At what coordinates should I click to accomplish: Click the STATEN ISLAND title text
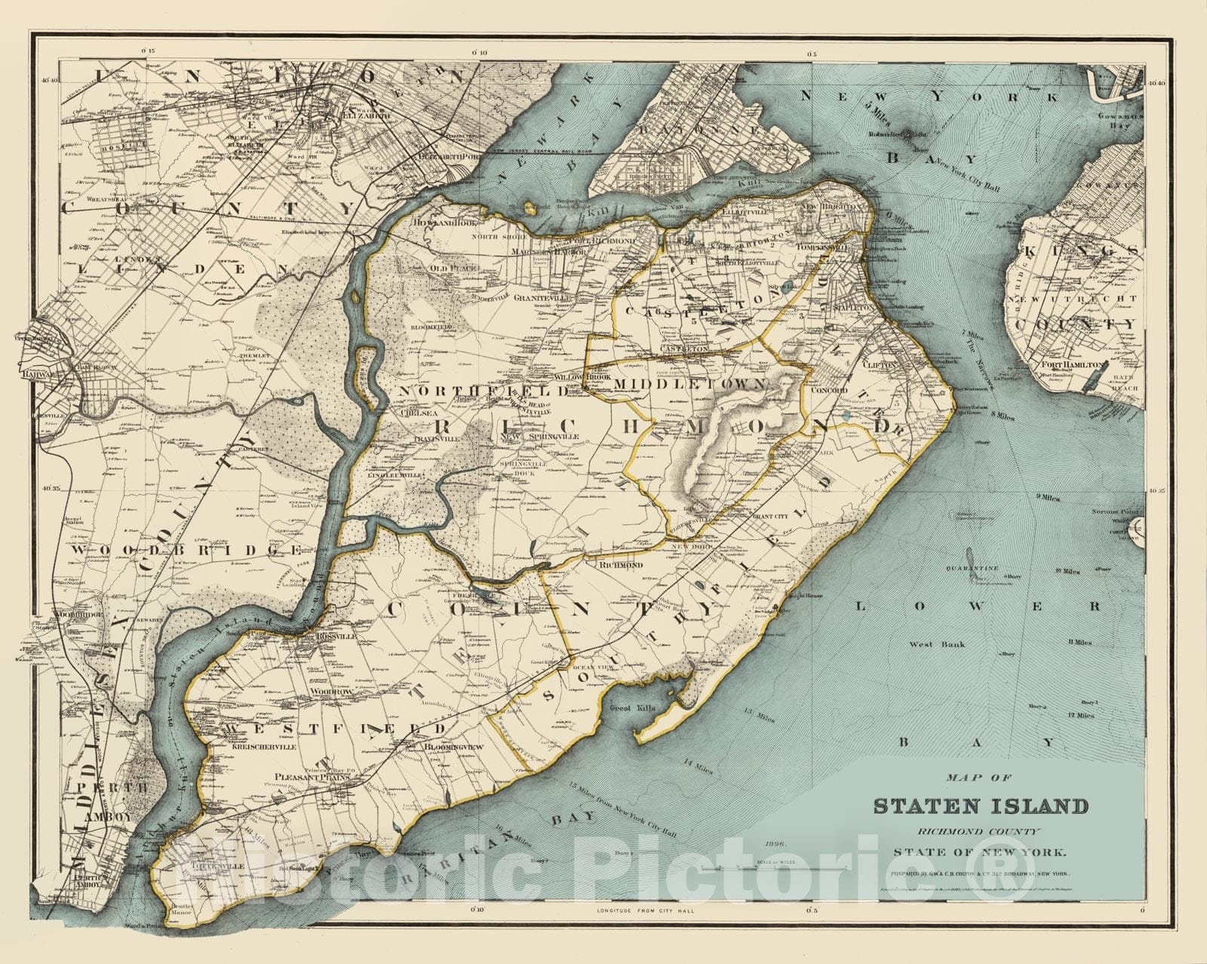pyautogui.click(x=981, y=806)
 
